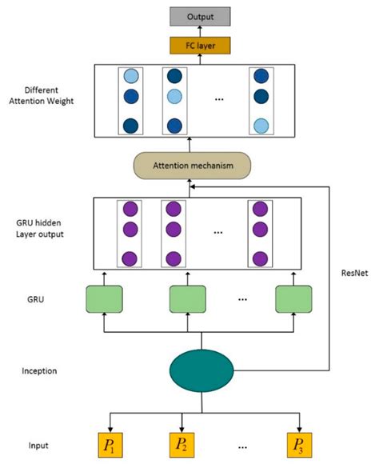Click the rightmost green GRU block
pyautogui.click(x=293, y=298)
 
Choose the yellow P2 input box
pyautogui.click(x=182, y=443)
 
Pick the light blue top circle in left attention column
pyautogui.click(x=130, y=77)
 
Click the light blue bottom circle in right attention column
pyautogui.click(x=260, y=126)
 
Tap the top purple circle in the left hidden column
pyautogui.click(x=130, y=210)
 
